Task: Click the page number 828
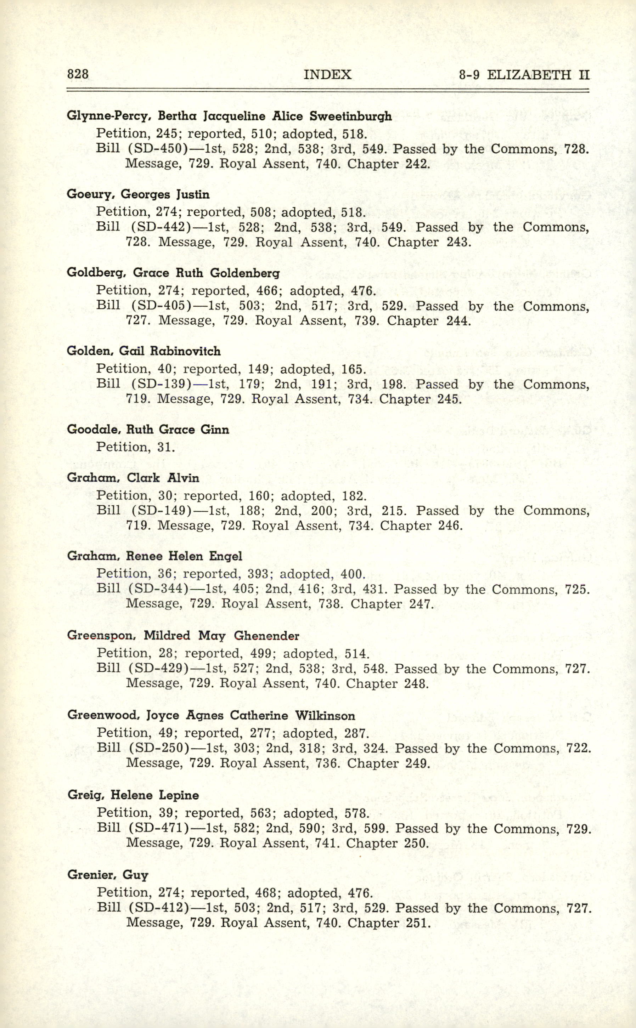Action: tap(78, 74)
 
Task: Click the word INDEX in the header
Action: tap(327, 75)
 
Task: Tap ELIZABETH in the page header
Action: tap(529, 75)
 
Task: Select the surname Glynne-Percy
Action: tap(106, 117)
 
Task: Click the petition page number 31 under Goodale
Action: tap(166, 447)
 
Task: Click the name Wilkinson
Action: tap(325, 715)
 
